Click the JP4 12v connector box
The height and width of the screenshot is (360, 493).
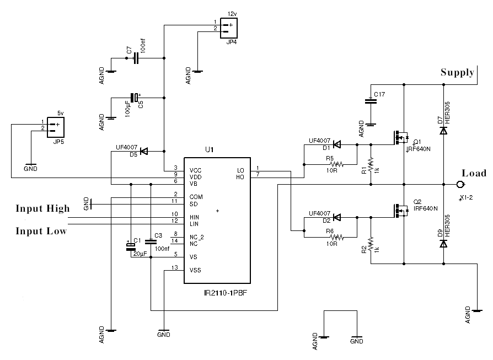click(x=229, y=28)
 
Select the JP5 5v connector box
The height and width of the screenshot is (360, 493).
click(x=56, y=127)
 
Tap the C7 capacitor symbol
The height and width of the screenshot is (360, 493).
click(x=136, y=58)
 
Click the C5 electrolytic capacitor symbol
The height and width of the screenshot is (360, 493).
click(x=135, y=98)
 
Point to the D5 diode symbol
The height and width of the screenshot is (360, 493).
click(x=144, y=151)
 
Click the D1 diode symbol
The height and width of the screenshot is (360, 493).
click(x=337, y=144)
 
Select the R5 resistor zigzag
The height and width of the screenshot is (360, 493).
click(x=337, y=164)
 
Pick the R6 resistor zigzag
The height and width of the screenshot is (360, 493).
click(x=337, y=237)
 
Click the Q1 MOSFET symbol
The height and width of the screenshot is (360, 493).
click(x=400, y=137)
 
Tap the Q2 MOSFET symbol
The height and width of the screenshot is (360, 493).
click(x=400, y=210)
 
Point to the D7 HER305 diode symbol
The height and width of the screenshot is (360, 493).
click(x=443, y=131)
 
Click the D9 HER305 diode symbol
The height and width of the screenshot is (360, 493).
click(x=443, y=244)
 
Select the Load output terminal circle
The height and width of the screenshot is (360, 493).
click(x=459, y=184)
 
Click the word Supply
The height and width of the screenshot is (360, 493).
click(x=458, y=72)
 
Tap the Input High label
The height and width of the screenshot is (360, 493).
click(x=43, y=208)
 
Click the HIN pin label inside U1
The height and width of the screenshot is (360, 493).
click(x=194, y=217)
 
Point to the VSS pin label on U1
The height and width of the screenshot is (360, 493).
click(x=195, y=270)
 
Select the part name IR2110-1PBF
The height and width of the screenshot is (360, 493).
click(x=226, y=293)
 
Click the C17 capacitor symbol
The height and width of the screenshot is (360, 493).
click(x=371, y=101)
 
